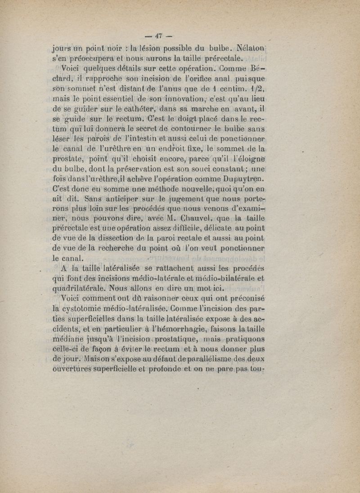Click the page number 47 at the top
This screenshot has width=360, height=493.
[x=158, y=36]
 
